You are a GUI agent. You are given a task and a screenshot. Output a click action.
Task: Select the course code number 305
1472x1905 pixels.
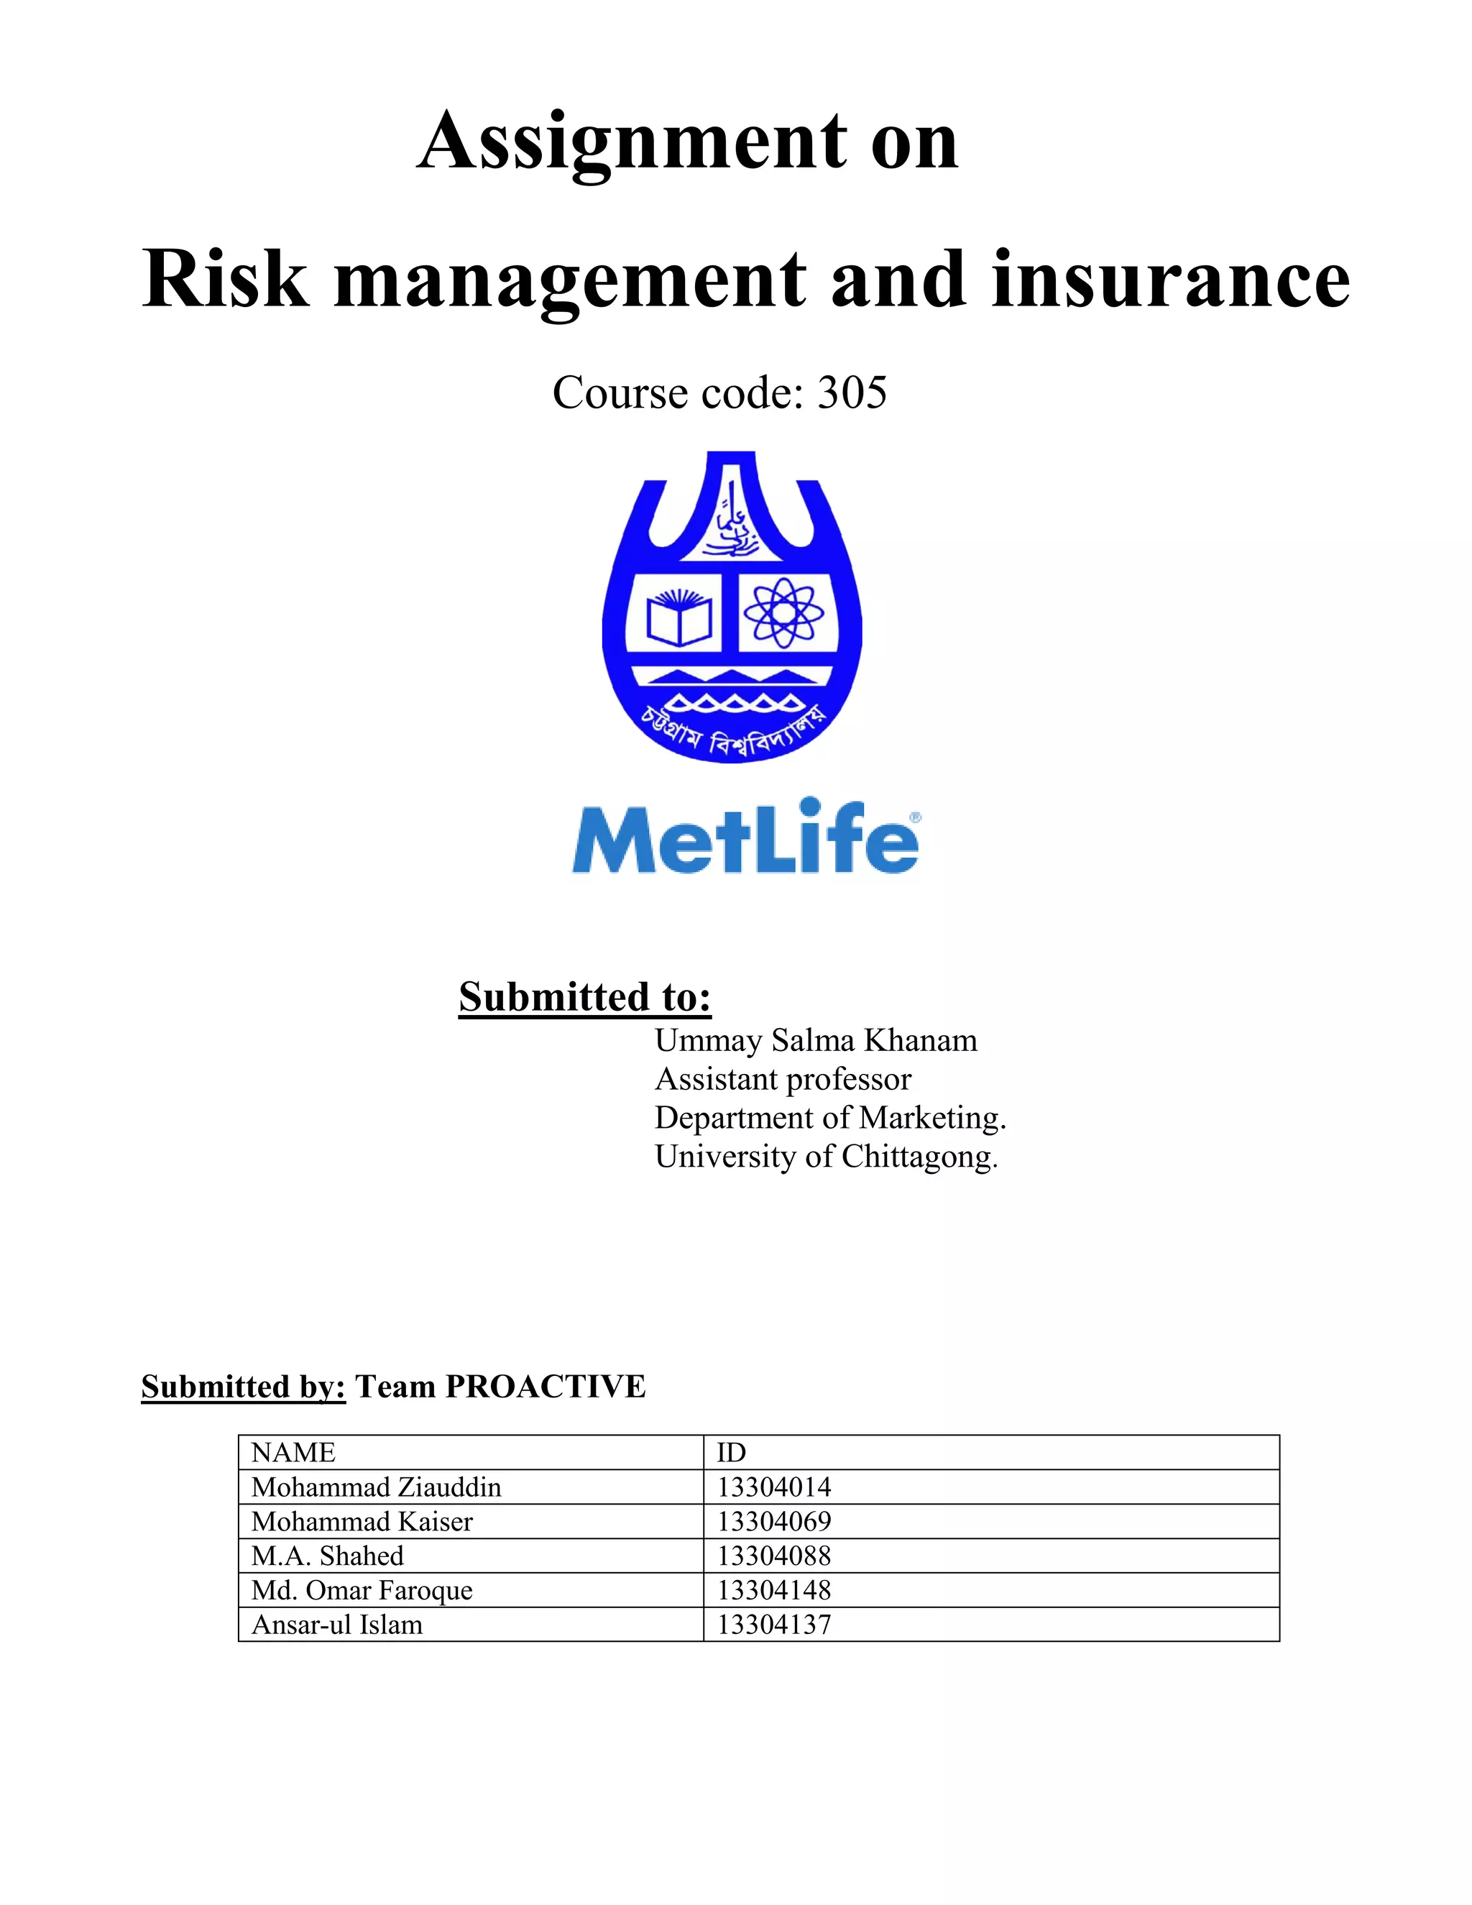click(852, 393)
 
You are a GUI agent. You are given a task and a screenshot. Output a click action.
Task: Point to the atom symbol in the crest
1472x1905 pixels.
click(784, 613)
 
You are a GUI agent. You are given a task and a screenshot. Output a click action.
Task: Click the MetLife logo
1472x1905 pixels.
click(745, 837)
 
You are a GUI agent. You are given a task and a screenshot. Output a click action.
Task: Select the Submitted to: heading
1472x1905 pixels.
click(585, 997)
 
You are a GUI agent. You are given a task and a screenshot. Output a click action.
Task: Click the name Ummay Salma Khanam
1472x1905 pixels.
click(815, 1041)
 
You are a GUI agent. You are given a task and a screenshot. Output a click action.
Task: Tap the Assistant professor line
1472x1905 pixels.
click(782, 1080)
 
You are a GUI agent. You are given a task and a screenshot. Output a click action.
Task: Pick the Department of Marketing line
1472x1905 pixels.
click(830, 1119)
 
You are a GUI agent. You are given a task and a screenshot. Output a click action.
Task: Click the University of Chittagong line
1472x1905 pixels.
click(826, 1157)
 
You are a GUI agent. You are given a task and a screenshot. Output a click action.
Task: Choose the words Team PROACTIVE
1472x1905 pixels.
click(500, 1387)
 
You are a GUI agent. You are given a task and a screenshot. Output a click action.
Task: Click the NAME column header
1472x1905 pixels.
click(293, 1452)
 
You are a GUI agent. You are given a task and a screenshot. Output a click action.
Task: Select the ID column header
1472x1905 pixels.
click(731, 1452)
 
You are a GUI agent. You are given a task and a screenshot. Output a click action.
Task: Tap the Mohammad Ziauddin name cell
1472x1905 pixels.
click(376, 1487)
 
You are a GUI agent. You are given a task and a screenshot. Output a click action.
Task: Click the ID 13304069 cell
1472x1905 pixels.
click(773, 1522)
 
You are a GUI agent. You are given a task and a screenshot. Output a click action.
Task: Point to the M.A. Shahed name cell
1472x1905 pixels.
click(327, 1556)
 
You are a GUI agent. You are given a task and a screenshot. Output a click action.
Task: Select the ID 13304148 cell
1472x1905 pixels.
click(773, 1591)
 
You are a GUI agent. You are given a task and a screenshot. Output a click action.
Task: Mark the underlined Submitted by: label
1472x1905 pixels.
click(244, 1387)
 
